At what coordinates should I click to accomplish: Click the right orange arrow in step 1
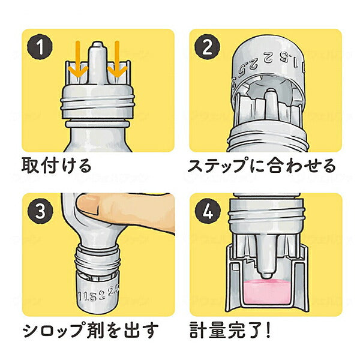click(x=117, y=60)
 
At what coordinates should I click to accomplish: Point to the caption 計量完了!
click(x=233, y=329)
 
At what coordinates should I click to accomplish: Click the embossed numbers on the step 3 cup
click(x=98, y=293)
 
